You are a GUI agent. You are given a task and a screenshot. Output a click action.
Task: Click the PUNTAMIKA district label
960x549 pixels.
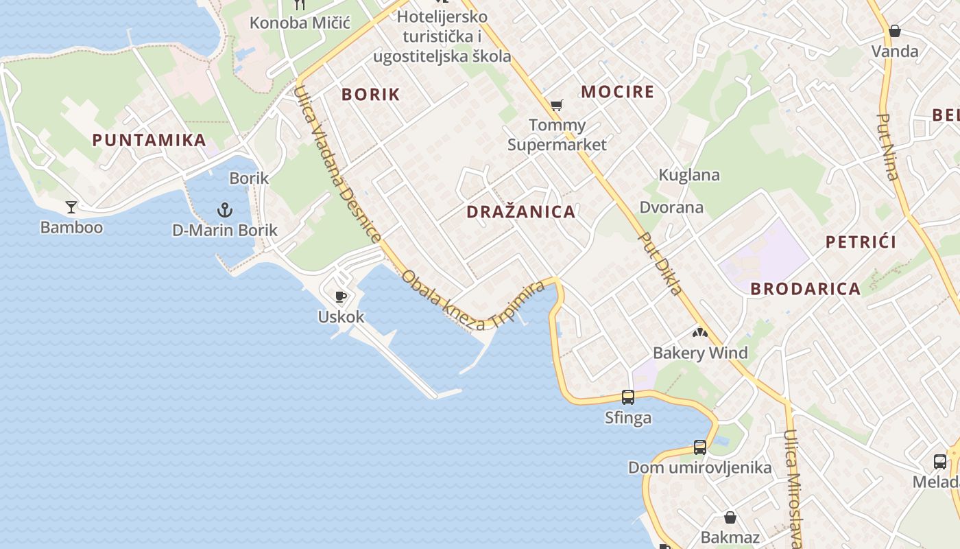(x=149, y=140)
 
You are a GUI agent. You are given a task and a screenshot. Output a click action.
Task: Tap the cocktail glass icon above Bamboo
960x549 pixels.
(x=71, y=207)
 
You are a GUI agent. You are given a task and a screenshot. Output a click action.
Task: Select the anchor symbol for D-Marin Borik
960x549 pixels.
(x=225, y=209)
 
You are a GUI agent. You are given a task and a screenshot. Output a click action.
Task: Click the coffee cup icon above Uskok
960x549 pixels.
(x=341, y=297)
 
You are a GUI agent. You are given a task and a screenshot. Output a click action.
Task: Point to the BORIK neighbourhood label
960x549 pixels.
(x=370, y=95)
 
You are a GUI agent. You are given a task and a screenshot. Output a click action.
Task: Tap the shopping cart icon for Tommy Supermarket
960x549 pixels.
(x=557, y=106)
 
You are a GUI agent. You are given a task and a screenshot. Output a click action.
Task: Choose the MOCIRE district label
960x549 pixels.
(x=617, y=92)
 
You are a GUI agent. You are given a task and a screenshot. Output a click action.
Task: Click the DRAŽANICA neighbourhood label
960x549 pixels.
(x=521, y=211)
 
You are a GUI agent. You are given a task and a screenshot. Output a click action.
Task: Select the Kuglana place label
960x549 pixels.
(x=689, y=175)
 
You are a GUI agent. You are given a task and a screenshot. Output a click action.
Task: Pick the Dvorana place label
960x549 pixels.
(x=671, y=207)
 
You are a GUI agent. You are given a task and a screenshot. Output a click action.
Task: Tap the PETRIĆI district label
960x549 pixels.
(x=861, y=242)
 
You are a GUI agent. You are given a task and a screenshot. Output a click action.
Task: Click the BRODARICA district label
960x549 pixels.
(x=805, y=289)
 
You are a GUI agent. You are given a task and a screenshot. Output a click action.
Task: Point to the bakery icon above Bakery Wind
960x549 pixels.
(x=699, y=334)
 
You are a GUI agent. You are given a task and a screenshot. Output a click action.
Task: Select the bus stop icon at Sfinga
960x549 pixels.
(x=628, y=397)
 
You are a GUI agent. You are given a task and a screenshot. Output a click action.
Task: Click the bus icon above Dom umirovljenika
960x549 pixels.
(x=699, y=447)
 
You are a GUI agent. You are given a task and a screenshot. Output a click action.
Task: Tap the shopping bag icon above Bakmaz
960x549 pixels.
(x=730, y=517)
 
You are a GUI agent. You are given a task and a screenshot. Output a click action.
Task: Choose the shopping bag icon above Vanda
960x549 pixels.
(x=894, y=31)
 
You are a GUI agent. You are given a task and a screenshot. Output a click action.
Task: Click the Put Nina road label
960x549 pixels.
(x=887, y=147)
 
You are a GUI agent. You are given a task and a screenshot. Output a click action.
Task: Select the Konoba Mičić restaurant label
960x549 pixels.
(x=300, y=23)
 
